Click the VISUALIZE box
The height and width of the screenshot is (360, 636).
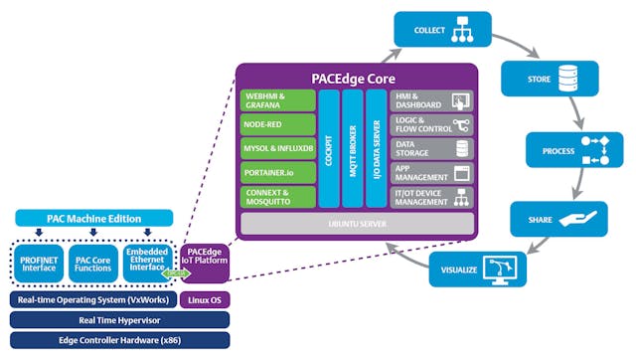point(477,270)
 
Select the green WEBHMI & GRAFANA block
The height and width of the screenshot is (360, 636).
point(276,100)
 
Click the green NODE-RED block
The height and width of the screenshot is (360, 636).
point(276,125)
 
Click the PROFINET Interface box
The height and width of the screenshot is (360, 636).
point(39,262)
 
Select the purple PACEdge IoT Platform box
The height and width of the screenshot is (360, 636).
point(206,263)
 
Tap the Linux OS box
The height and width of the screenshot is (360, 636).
point(205,299)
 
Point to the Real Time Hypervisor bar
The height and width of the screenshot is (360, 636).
point(118,319)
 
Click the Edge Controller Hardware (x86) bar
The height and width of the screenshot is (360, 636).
point(118,340)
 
